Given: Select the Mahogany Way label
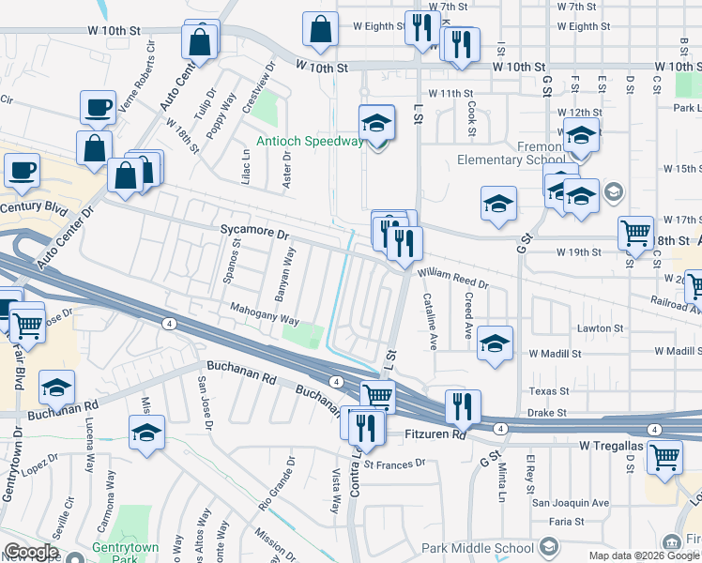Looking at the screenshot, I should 265,312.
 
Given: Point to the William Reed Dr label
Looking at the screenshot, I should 454,278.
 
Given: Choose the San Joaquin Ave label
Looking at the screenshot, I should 571,503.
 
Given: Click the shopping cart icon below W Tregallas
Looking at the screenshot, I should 664,458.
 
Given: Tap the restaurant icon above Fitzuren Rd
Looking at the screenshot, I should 462,405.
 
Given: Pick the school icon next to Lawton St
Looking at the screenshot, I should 495,342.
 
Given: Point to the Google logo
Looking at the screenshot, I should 32,552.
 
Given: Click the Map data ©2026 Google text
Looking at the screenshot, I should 644,555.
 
